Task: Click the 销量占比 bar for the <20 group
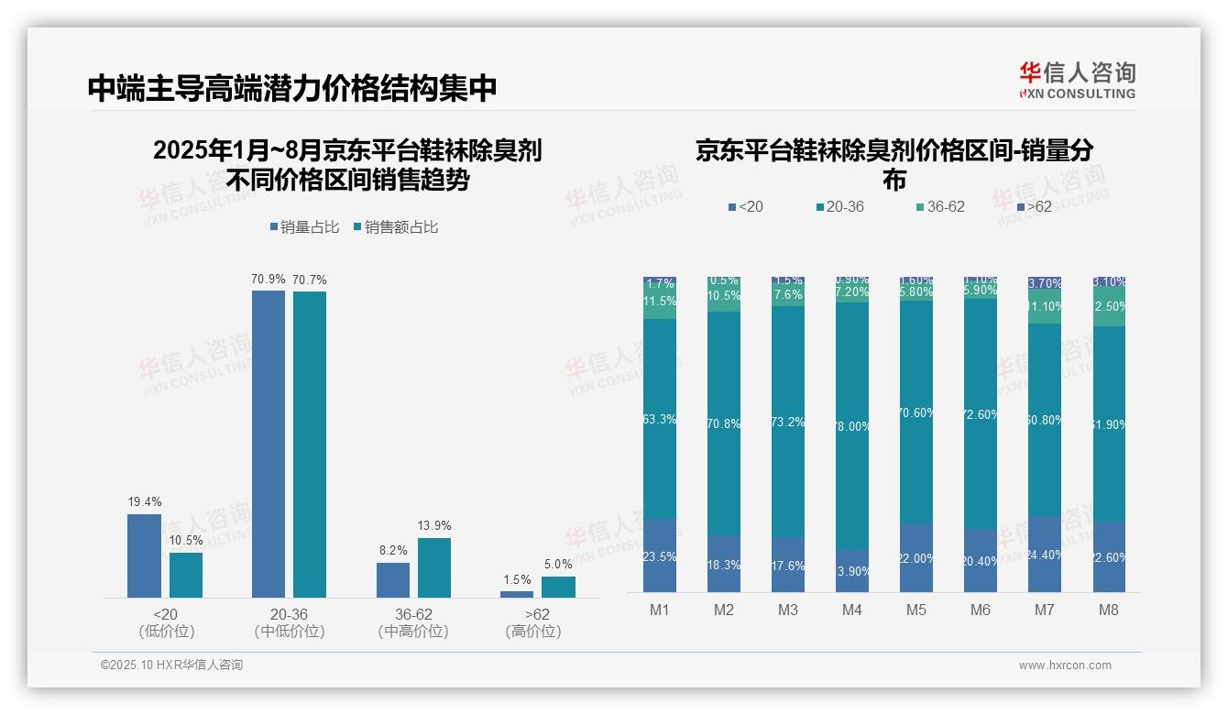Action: pyautogui.click(x=144, y=555)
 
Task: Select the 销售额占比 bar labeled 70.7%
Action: pyautogui.click(x=310, y=445)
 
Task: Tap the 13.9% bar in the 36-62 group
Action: pyautogui.click(x=434, y=567)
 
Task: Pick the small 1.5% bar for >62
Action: pyautogui.click(x=517, y=594)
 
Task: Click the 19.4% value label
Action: pyautogui.click(x=144, y=501)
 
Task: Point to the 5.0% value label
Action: pyautogui.click(x=558, y=564)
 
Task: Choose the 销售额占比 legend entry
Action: pyautogui.click(x=396, y=227)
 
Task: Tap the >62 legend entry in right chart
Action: pyautogui.click(x=1035, y=207)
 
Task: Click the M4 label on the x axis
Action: pyautogui.click(x=852, y=610)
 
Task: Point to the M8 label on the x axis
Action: pyautogui.click(x=1108, y=610)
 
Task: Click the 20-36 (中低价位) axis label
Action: pyautogui.click(x=290, y=622)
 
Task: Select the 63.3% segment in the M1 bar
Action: pyautogui.click(x=660, y=419)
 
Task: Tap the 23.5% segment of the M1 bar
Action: pyautogui.click(x=660, y=555)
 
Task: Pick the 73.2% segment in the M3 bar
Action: pyautogui.click(x=788, y=422)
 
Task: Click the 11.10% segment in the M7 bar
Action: pyautogui.click(x=1045, y=307)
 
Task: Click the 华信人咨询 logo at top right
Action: pyautogui.click(x=1077, y=81)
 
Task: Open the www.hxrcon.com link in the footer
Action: pyautogui.click(x=1065, y=665)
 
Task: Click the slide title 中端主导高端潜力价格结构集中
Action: pyautogui.click(x=292, y=88)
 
